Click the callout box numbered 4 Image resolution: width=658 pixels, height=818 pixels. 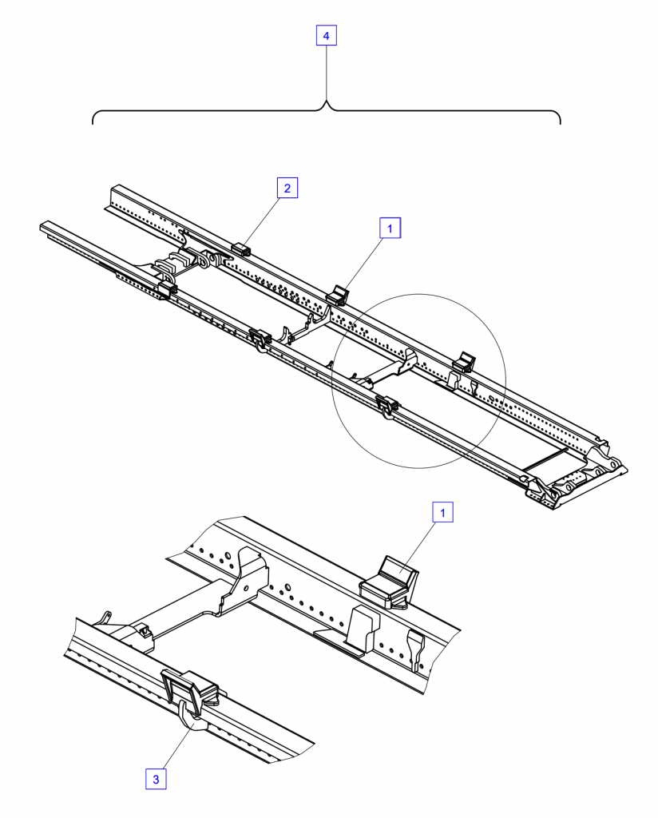coord(326,36)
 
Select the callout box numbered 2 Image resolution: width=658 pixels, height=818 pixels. coord(287,188)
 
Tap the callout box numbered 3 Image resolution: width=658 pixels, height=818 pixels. coord(156,780)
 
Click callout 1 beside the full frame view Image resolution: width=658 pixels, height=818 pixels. coord(390,228)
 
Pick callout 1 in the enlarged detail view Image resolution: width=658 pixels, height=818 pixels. coord(442,512)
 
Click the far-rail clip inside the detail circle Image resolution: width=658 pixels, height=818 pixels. coord(463,363)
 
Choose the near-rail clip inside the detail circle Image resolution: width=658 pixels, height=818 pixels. coord(386,405)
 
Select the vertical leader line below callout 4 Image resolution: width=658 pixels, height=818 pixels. coord(327,73)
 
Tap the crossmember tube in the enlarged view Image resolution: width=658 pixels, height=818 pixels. coord(183,608)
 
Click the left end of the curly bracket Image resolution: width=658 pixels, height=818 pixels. coord(93,124)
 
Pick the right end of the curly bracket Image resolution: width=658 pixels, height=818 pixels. coord(561,124)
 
